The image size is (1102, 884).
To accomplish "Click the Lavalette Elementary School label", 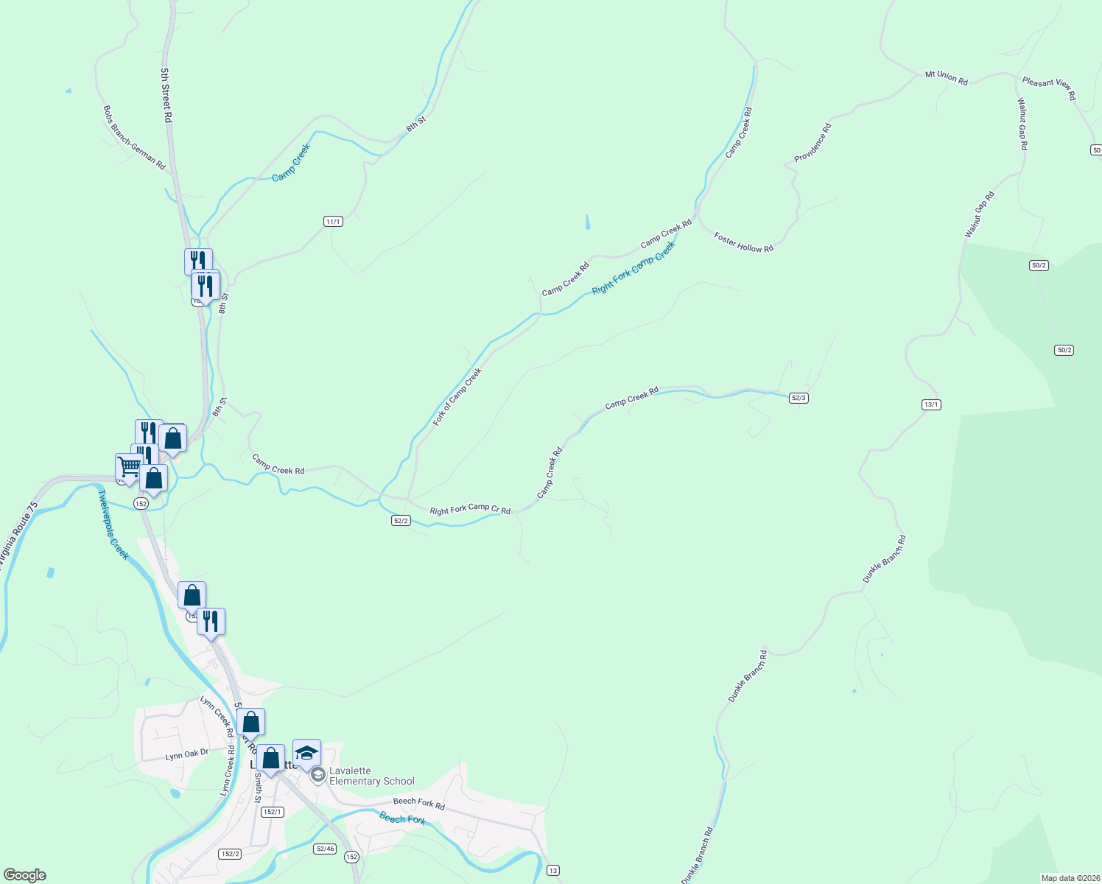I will (371, 776).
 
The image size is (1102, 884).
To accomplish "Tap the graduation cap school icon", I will (306, 753).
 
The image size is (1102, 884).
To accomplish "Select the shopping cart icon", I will (129, 467).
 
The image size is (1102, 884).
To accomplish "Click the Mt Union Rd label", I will (947, 77).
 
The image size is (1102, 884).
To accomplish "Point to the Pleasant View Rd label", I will (1049, 88).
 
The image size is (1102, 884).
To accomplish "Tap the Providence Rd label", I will (813, 143).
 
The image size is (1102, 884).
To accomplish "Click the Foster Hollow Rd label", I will (743, 242).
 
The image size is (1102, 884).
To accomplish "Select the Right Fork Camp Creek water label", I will (634, 267).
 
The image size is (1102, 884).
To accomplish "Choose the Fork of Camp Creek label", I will (457, 397).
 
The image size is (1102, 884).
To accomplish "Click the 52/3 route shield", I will (799, 398).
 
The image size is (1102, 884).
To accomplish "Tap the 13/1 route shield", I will (931, 404).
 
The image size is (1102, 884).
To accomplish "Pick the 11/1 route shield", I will (333, 222).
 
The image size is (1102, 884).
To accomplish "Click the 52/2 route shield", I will (401, 520).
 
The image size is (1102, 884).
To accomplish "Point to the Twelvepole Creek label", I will (113, 525).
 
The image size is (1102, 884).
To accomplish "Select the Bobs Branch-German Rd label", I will (134, 138).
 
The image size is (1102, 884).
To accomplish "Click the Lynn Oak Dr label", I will (187, 754).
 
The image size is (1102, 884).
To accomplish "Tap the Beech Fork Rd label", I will (419, 803).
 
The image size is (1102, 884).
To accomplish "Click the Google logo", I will (25, 874).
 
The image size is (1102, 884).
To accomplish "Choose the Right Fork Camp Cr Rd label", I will (470, 509).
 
